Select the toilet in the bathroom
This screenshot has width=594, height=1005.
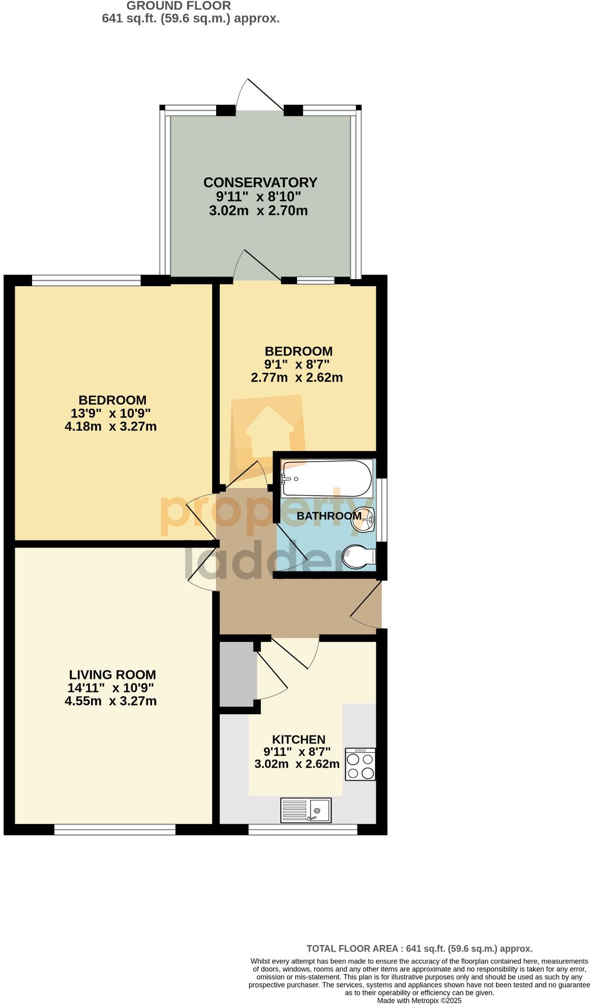tap(358, 558)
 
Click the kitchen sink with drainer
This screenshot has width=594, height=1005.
tap(306, 810)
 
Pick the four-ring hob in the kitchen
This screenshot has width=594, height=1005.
tap(360, 764)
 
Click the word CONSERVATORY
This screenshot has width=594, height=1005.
tap(260, 182)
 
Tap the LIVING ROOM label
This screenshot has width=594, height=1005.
tap(112, 675)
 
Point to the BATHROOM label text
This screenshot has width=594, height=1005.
tap(329, 516)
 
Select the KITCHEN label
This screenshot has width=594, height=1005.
tap(299, 740)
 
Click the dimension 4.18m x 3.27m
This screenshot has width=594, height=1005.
tap(110, 427)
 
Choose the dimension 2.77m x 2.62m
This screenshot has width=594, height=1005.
tap(296, 378)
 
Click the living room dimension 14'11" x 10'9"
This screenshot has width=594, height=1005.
tap(110, 688)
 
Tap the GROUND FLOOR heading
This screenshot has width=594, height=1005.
tap(179, 6)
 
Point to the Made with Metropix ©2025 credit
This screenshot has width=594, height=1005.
tap(419, 1000)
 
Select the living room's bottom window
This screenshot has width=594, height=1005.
tap(114, 830)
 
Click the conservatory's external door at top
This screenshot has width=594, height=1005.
tap(260, 97)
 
